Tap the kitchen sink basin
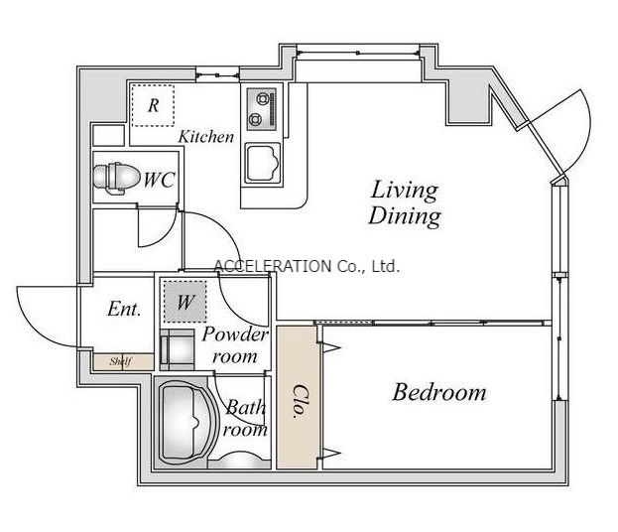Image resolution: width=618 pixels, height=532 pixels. (x=263, y=163)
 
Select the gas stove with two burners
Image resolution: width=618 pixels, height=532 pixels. (x=261, y=109)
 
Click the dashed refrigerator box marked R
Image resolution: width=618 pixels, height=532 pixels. (x=153, y=105)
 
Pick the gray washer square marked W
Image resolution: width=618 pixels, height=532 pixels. (x=185, y=302)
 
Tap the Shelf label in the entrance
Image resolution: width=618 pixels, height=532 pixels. (x=120, y=361)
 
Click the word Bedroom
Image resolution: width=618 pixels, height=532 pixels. (x=439, y=392)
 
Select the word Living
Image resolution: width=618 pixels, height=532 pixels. (x=405, y=191)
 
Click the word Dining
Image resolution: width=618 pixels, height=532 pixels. (x=405, y=216)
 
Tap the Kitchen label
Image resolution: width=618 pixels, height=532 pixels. (x=206, y=137)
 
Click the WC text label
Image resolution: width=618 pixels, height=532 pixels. (x=159, y=180)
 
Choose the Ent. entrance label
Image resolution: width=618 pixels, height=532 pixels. (x=124, y=309)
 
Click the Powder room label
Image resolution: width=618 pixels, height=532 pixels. (x=235, y=345)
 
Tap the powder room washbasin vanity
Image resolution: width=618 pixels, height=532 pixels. (x=177, y=349)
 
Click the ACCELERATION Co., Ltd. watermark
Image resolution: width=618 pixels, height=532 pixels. (x=308, y=267)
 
